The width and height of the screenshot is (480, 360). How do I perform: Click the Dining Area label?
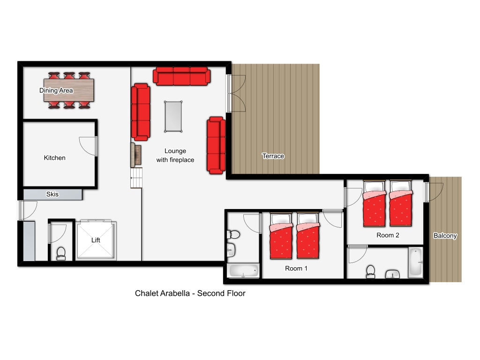click(56, 90)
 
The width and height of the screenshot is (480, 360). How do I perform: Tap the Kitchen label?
click(54, 157)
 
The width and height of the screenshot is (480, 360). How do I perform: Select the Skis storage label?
click(52, 194)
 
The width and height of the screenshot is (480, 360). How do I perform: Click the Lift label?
click(96, 240)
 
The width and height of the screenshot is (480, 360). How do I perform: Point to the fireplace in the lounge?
click(136, 155)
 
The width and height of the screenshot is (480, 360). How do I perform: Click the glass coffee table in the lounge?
click(173, 117)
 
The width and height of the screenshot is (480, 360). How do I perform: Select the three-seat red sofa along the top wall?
click(181, 76)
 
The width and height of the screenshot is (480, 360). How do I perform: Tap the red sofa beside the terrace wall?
click(216, 145)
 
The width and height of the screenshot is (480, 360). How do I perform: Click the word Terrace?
click(273, 156)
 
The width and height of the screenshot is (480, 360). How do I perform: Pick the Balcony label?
click(445, 235)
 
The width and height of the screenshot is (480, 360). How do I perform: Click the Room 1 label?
click(296, 269)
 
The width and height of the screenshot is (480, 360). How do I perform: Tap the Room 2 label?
click(388, 235)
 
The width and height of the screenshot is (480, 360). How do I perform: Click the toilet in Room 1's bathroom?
click(233, 235)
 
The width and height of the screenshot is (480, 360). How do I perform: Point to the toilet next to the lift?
click(61, 254)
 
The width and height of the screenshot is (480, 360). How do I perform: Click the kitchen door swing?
click(88, 146)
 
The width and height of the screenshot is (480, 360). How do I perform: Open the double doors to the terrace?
click(236, 93)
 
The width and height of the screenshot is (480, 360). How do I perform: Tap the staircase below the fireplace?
click(136, 178)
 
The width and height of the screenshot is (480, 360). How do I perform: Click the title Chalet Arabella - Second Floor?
click(190, 293)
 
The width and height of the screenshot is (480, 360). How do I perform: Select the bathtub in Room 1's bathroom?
click(244, 270)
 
